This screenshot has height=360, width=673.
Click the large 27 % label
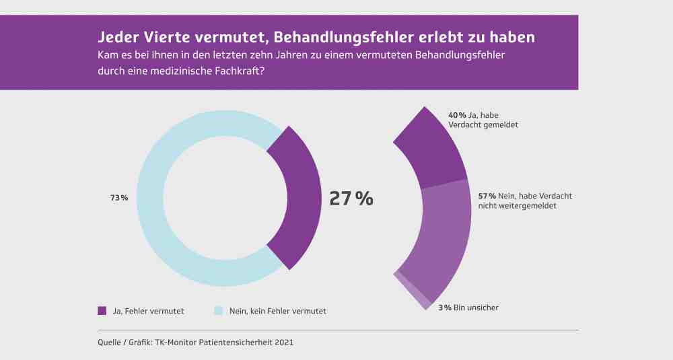pyautogui.click(x=351, y=199)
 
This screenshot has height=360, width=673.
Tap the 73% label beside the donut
pyautogui.click(x=119, y=198)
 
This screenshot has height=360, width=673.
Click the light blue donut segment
pyautogui.click(x=150, y=199)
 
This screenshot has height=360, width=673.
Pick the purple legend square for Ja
pyautogui.click(x=102, y=311)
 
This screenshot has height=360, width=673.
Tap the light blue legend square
pyautogui.click(x=219, y=311)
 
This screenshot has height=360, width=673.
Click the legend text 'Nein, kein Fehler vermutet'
pyautogui.click(x=278, y=311)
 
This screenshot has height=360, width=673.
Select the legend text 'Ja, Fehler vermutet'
pyautogui.click(x=149, y=311)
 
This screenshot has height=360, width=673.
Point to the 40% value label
pyautogui.click(x=457, y=115)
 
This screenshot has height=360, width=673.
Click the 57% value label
pyautogui.click(x=487, y=196)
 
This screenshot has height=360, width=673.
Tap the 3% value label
pyautogui.click(x=445, y=308)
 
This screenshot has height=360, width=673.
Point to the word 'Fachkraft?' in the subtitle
pyautogui.click(x=244, y=71)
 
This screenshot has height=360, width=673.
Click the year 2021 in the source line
pyautogui.click(x=284, y=343)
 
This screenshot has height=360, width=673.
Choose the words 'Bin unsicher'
pyautogui.click(x=476, y=308)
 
